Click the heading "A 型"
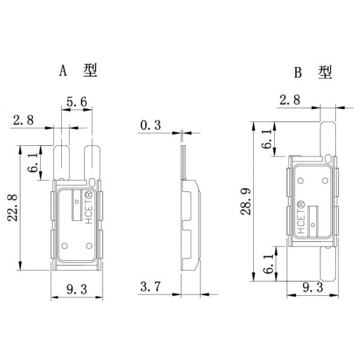[x=77, y=71]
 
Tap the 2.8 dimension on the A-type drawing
[x=22, y=120]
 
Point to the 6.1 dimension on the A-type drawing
[x=34, y=163]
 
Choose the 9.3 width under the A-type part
[x=74, y=289]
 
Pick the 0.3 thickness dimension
[x=150, y=125]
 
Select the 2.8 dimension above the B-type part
[x=289, y=100]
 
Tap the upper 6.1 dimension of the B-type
[x=265, y=140]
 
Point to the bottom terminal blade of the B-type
[x=328, y=265]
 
